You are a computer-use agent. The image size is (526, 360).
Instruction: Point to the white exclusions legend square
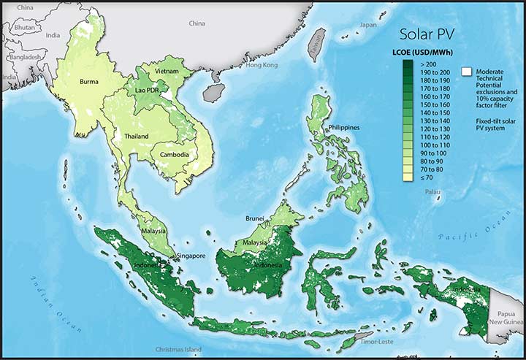coord(465,72)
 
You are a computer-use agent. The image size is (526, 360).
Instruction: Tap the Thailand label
coord(136,137)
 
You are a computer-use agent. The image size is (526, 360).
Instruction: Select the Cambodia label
coord(175,155)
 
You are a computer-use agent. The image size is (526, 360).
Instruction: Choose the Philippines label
coord(344,128)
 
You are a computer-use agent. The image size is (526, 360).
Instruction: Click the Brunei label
coord(255,218)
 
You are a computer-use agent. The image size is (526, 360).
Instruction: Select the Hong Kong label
coord(262,65)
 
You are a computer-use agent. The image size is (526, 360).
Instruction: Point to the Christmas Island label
coord(175,351)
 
